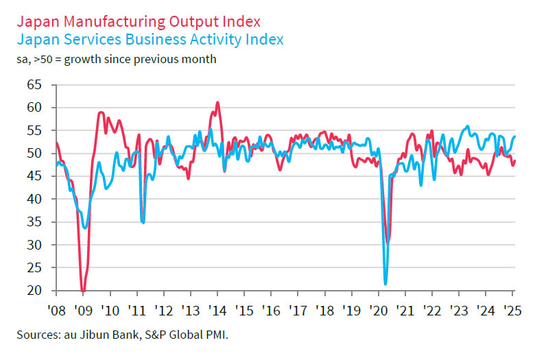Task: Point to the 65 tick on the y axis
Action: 34,85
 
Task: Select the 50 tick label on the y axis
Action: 34,154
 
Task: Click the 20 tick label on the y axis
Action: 34,291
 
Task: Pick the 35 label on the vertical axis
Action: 34,245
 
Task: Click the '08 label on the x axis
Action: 57,309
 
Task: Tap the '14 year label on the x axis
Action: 217,309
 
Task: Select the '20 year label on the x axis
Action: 379,309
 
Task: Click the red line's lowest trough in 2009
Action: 83,291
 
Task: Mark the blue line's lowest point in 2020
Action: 385,284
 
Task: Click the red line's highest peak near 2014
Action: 217,103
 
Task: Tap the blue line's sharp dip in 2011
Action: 143,222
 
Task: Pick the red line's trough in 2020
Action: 388,241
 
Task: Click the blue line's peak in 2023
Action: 467,126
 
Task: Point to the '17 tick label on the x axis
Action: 298,309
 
